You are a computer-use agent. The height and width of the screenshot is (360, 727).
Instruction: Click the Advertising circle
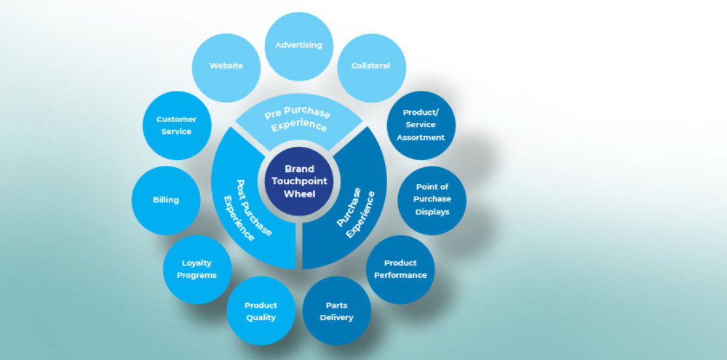(299, 46)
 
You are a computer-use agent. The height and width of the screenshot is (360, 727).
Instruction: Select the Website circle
(226, 66)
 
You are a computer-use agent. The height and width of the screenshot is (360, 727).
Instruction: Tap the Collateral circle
(371, 66)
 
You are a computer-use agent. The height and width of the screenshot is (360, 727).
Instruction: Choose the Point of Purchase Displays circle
(432, 199)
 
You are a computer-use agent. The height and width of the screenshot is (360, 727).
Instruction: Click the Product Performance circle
(400, 269)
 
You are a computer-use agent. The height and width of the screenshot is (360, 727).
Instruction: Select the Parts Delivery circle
(337, 311)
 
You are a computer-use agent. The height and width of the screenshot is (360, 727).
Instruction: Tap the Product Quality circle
(261, 311)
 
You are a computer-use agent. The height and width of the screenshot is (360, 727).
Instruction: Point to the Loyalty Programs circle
(197, 269)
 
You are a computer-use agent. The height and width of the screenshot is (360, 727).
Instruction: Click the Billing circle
(166, 200)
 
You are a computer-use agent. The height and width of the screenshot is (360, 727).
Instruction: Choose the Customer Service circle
(177, 125)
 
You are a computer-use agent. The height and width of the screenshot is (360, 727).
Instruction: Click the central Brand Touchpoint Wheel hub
(299, 182)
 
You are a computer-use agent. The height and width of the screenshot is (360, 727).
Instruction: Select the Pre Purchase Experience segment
(299, 120)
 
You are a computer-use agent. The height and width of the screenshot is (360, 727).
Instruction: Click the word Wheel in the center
(299, 194)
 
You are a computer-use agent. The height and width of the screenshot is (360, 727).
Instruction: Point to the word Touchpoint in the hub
(299, 182)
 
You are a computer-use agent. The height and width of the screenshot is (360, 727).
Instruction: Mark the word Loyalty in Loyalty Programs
(197, 263)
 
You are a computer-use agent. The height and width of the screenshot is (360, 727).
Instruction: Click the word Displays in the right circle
(432, 212)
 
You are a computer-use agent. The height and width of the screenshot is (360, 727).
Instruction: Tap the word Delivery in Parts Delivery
(337, 318)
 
